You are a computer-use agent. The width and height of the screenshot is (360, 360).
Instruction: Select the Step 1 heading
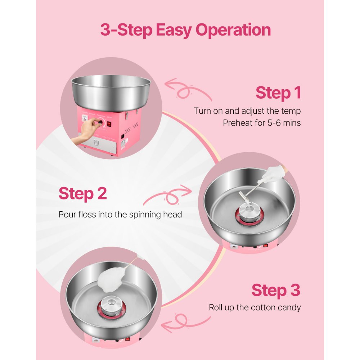click(278, 93)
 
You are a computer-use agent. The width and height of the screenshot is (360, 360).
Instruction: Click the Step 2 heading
click(82, 193)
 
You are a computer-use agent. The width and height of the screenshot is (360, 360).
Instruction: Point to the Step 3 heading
click(276, 290)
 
